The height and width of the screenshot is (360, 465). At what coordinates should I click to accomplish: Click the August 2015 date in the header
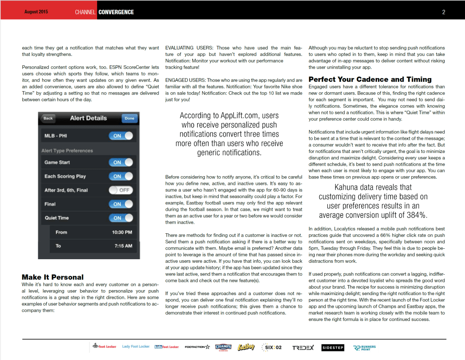pyautogui.click(x=37, y=12)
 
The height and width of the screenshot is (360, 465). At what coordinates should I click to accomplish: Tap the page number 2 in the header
pyautogui.click(x=444, y=12)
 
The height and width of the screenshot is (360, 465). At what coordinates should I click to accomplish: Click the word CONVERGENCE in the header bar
pyautogui.click(x=116, y=12)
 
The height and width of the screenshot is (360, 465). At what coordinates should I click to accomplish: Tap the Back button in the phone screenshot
pyautogui.click(x=48, y=118)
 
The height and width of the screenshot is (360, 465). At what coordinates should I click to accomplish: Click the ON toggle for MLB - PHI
pyautogui.click(x=121, y=136)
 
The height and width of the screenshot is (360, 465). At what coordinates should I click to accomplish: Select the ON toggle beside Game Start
pyautogui.click(x=121, y=163)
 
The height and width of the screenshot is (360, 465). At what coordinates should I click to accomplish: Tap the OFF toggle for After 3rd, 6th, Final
pyautogui.click(x=121, y=190)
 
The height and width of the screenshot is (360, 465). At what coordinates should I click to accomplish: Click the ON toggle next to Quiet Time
pyautogui.click(x=121, y=218)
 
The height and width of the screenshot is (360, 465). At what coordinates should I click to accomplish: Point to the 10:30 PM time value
pyautogui.click(x=122, y=232)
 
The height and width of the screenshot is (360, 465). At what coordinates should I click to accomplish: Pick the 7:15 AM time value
pyautogui.click(x=123, y=246)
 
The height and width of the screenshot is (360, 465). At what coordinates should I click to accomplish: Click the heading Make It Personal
pyautogui.click(x=53, y=277)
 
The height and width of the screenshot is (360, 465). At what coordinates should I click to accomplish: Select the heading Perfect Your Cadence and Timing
pyautogui.click(x=370, y=79)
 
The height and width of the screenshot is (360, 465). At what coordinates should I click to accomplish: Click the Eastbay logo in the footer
pyautogui.click(x=246, y=347)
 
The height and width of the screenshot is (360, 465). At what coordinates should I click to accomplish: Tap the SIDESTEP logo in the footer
pyautogui.click(x=333, y=348)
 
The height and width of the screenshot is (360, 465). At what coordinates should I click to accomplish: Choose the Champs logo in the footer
pyautogui.click(x=223, y=347)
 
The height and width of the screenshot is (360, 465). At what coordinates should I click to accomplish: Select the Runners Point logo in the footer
pyautogui.click(x=364, y=348)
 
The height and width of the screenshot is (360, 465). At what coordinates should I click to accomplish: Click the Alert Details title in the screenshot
pyautogui.click(x=89, y=118)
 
